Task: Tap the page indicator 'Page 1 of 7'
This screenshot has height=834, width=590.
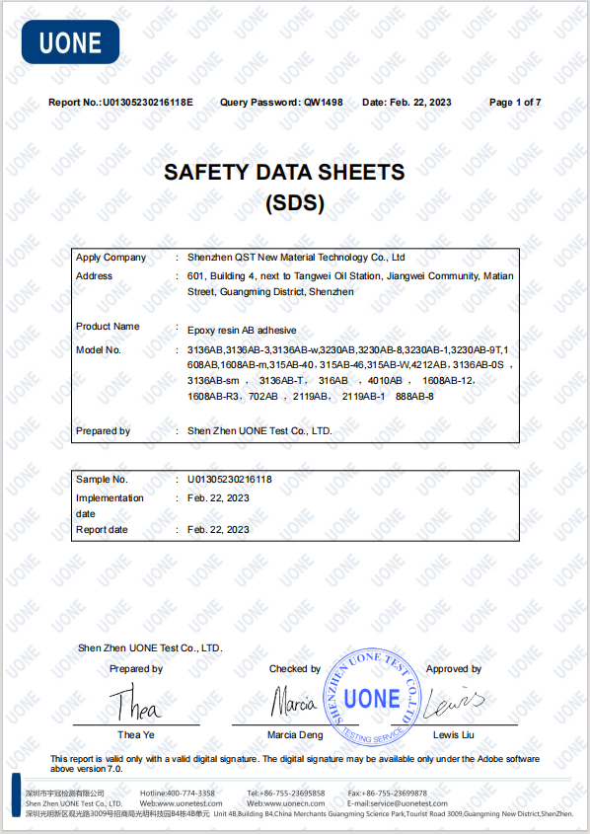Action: tap(515, 103)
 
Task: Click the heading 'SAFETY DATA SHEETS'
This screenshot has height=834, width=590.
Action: tap(284, 172)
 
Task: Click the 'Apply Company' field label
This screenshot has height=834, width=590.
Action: tap(111, 258)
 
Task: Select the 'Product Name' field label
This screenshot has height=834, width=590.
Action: tap(108, 327)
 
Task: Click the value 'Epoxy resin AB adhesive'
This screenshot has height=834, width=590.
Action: tap(242, 330)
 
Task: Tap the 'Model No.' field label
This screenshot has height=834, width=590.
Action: tap(99, 350)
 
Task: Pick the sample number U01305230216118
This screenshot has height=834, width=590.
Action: tap(230, 480)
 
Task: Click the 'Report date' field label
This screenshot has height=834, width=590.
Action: tap(102, 530)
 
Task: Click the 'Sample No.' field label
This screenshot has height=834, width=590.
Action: tap(102, 480)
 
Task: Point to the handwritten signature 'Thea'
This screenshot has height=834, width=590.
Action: tap(132, 705)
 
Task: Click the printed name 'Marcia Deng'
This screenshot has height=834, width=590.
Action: tap(295, 735)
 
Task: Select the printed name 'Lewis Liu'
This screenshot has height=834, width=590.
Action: tap(454, 735)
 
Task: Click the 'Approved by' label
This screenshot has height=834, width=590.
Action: tap(454, 669)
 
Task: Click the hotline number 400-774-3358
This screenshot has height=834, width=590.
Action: tap(191, 794)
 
